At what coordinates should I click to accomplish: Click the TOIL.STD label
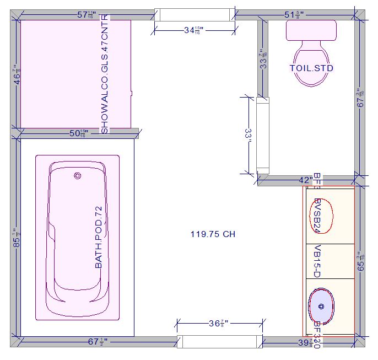pos(311,68)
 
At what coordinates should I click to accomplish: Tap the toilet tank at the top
pos(311,30)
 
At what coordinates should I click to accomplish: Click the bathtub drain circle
pos(77,176)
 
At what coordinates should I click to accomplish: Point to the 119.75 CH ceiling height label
pos(213,234)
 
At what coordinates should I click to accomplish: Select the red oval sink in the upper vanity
pos(322,215)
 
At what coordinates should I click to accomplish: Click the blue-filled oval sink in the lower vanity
pos(321,306)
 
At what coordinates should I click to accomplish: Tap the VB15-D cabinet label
pos(317,262)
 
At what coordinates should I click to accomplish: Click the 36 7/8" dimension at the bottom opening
pos(219,324)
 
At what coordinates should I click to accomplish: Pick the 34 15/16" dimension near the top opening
pos(193,31)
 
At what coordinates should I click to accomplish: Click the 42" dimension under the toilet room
pos(305,180)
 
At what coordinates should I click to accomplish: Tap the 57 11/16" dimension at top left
pos(89,15)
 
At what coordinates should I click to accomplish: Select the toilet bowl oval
pos(311,66)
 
